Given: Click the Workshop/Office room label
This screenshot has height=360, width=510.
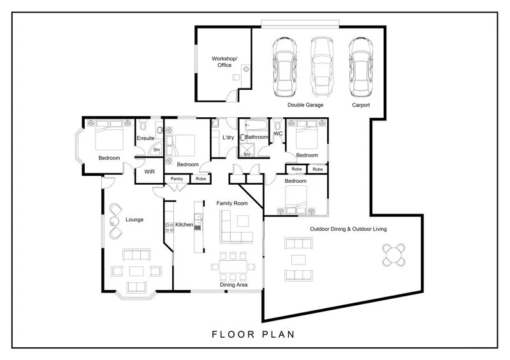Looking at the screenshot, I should [x=224, y=62].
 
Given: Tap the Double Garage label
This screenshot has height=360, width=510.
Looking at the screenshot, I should [x=305, y=105].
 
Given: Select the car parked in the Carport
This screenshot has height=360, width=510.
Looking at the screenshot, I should [x=360, y=66].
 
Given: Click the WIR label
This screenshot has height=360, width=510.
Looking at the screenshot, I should [x=149, y=172].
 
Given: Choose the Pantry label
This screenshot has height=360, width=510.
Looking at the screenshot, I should [x=177, y=180].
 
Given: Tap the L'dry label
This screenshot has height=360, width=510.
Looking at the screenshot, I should [x=228, y=138].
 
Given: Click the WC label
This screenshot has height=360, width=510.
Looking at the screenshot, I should [x=278, y=134].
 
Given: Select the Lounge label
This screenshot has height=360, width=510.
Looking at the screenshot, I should [x=134, y=220].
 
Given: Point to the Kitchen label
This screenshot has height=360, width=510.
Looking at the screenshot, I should [x=184, y=225].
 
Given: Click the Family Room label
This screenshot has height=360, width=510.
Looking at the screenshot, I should [x=232, y=203].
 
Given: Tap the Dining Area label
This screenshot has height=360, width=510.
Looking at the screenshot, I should [x=234, y=285].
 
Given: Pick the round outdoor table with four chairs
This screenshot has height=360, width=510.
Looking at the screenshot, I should [x=395, y=256].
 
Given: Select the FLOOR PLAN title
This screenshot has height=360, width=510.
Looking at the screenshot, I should [x=252, y=333].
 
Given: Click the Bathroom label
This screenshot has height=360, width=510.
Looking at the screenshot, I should [x=257, y=138].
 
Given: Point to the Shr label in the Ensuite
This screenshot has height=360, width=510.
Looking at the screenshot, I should [x=156, y=150].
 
